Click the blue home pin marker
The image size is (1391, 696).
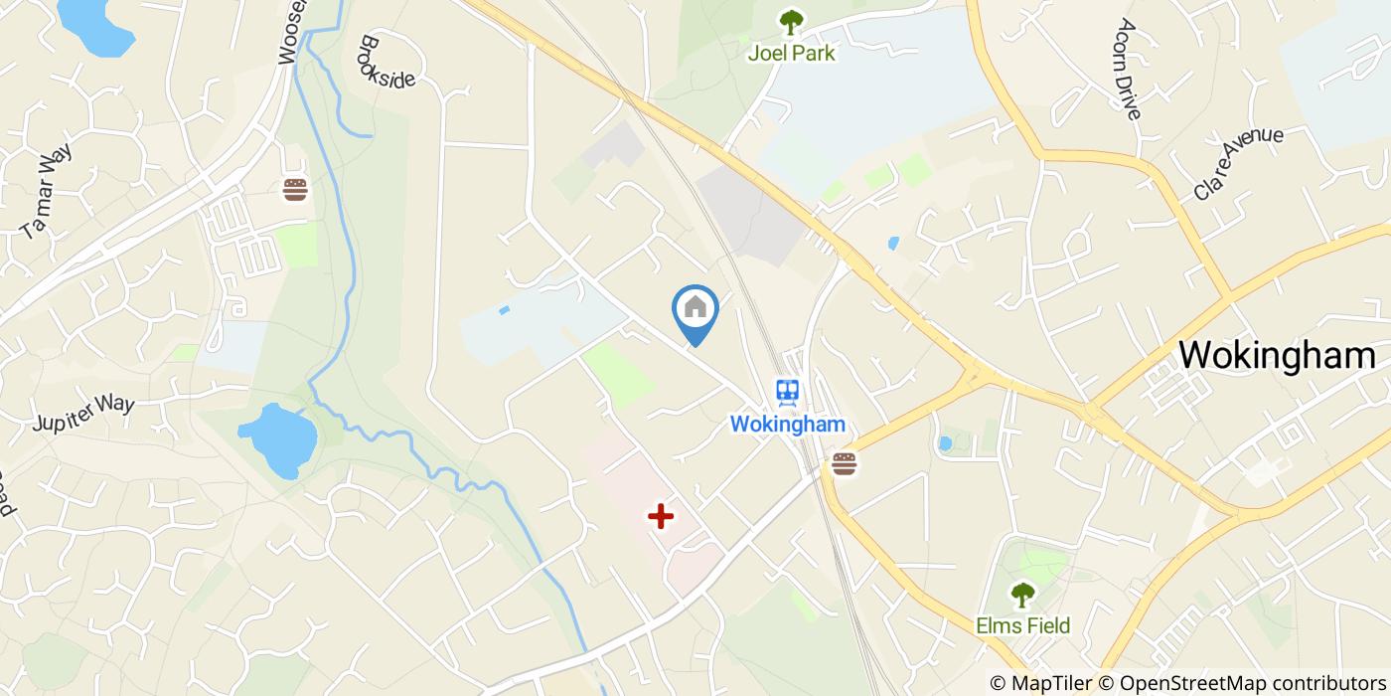pyautogui.click(x=695, y=310)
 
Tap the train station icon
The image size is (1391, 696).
pyautogui.click(x=789, y=392)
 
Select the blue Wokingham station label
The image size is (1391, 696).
pyautogui.click(x=788, y=425)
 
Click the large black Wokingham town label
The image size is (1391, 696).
pyautogui.click(x=1277, y=355)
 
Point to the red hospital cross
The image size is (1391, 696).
pyautogui.click(x=661, y=516)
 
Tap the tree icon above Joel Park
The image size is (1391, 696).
pyautogui.click(x=791, y=21)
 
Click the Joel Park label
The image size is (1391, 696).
pyautogui.click(x=791, y=53)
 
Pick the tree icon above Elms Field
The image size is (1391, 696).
pyautogui.click(x=1022, y=595)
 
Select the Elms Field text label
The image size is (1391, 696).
pyautogui.click(x=1022, y=625)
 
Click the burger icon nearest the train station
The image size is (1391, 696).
pyautogui.click(x=845, y=463)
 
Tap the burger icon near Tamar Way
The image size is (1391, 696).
pyautogui.click(x=295, y=190)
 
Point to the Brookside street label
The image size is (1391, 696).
pyautogui.click(x=386, y=63)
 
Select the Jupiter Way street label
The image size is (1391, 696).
pyautogui.click(x=82, y=414)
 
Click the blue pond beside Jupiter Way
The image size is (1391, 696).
pyautogui.click(x=277, y=437)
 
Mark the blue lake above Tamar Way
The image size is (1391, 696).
pyautogui.click(x=94, y=24)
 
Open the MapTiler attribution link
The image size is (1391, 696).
pyautogui.click(x=1042, y=683)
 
